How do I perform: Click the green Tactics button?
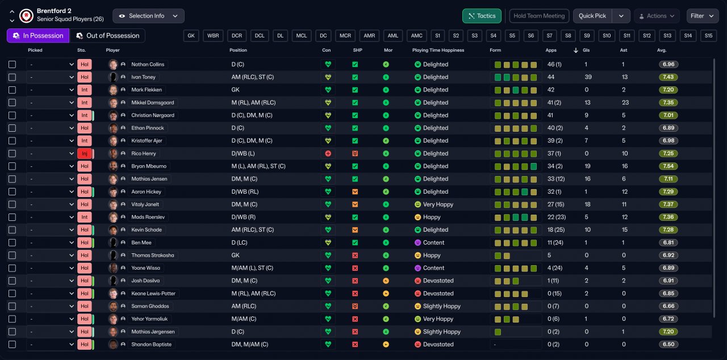coord(482,16)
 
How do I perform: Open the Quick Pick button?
coord(592,16)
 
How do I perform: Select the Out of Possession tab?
coord(107,36)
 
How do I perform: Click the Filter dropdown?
coord(702,16)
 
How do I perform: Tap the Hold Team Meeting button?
coord(539,16)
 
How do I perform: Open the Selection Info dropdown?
coord(148,16)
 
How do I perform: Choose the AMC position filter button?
coord(417,36)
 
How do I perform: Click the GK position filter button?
coord(191,36)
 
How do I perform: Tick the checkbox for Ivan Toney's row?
coord(12,77)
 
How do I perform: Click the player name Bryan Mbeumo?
coord(149,166)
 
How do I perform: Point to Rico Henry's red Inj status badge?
coord(85,153)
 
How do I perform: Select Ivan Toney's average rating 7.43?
coord(668,77)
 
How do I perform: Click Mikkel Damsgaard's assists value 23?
coord(625,102)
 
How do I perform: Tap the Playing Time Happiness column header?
coord(438,51)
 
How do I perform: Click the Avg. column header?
coord(662,51)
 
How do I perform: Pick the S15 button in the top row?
coord(708,36)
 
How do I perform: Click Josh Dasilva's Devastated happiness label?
coord(438,281)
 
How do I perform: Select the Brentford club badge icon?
coord(26,15)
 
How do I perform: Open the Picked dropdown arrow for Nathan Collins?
coord(72,64)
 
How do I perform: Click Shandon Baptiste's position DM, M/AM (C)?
coord(249,345)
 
